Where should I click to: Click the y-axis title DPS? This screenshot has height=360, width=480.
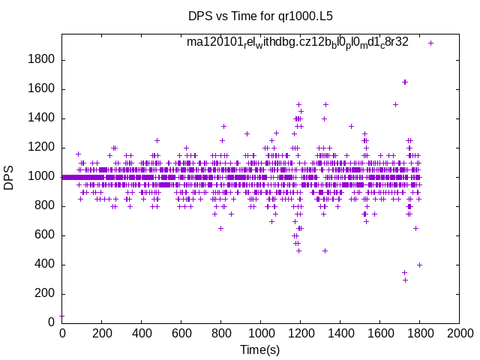[x=9, y=178]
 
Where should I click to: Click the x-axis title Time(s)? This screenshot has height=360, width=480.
[x=259, y=349]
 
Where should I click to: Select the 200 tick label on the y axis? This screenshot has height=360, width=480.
[x=43, y=294]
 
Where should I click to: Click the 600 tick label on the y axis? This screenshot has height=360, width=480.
[x=43, y=235]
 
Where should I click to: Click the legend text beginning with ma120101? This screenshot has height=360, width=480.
[x=298, y=42]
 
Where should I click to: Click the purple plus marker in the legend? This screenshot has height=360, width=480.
[x=430, y=43]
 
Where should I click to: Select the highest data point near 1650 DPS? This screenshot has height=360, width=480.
[x=405, y=82]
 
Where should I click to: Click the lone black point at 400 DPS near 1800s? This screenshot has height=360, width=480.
[x=419, y=265]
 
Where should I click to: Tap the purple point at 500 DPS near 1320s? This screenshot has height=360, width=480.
[x=325, y=250]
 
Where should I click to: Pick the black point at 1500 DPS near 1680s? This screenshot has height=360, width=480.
[x=395, y=104]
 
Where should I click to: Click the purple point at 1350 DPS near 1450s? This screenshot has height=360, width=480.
[x=351, y=126]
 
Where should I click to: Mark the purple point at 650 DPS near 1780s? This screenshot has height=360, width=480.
[x=415, y=228]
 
